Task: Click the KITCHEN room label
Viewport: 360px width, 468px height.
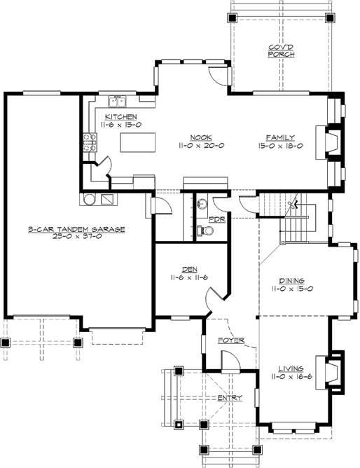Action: coord(120,116)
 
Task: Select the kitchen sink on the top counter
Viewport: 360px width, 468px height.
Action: coord(120,99)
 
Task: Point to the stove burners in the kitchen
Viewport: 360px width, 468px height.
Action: coord(89,142)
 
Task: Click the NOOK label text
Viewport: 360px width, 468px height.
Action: coord(197,137)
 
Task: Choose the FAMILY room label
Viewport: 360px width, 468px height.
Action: coord(279,137)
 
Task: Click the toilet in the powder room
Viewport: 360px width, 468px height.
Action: coord(205,228)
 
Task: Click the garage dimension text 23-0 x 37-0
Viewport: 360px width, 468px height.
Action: coord(76,237)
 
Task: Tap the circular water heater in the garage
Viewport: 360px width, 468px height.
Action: coord(89,199)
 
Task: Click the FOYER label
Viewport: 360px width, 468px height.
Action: coord(230,340)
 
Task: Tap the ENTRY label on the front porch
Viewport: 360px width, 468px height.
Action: coord(230,398)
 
